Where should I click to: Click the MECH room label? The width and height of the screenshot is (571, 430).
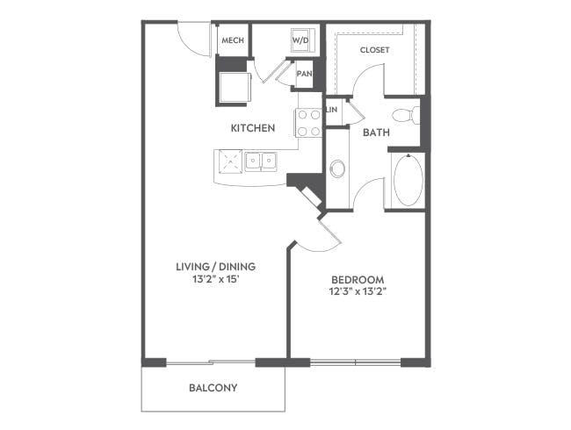233,40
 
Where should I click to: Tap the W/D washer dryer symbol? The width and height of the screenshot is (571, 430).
300,40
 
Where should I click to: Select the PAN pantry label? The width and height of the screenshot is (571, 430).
305,74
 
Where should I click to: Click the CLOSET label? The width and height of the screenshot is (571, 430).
374,50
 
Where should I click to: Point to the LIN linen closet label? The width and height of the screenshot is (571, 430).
332,110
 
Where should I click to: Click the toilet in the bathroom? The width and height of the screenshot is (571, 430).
406,115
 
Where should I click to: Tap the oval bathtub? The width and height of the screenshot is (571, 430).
408,180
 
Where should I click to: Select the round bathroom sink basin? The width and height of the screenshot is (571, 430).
337,168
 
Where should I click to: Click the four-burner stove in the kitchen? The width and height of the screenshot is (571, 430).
308,123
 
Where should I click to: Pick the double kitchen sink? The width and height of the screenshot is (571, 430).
260,161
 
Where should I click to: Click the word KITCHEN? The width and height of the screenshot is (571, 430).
253,128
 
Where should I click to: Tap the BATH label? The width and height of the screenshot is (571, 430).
376,133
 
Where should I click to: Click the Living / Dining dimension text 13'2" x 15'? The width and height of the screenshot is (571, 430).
215,279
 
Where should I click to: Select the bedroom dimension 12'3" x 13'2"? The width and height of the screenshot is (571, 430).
358,291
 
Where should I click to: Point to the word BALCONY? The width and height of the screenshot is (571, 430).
213,388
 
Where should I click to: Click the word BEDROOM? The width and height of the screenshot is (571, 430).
358,280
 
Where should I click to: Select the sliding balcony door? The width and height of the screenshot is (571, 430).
211,362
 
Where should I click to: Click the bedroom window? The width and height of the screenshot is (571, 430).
356,362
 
